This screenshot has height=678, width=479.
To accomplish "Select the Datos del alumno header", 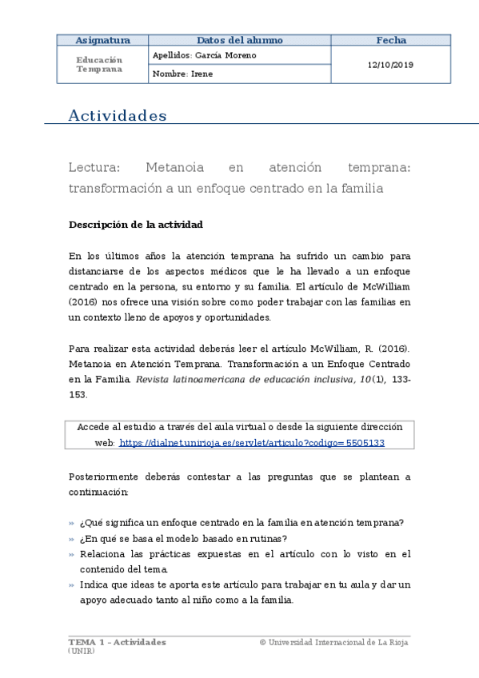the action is (x=239, y=40).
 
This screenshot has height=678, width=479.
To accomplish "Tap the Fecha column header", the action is (x=391, y=40).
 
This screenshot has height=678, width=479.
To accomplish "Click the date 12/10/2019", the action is (x=391, y=65).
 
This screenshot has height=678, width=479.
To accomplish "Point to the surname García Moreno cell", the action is (x=204, y=55).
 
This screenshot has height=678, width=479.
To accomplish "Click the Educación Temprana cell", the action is (x=99, y=64).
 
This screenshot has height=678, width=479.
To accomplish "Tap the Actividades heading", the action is (x=118, y=116).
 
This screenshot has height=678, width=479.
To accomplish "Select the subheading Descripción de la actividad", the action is (x=136, y=225).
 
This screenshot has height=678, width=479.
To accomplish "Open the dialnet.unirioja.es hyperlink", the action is (x=252, y=442).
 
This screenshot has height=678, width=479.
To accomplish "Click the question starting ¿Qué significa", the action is (x=241, y=523).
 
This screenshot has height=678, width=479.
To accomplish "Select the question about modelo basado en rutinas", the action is (x=183, y=538).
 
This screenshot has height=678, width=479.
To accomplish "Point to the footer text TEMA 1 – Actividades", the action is (x=118, y=642).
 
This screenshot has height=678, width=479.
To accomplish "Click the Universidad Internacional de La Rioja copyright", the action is (x=335, y=642).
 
